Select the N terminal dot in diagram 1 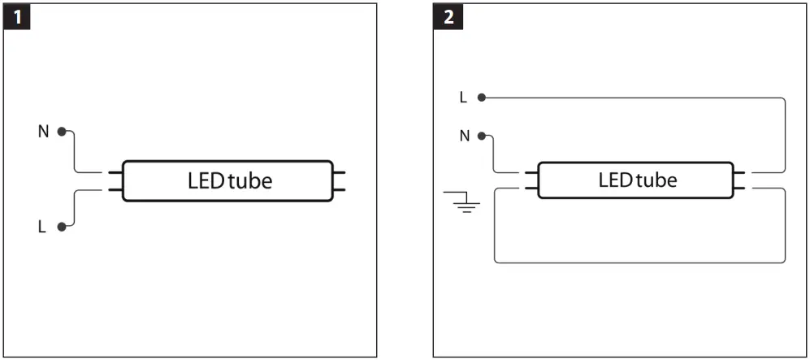point(61,131)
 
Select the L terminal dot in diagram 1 point(61,228)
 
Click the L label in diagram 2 point(463,98)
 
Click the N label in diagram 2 point(465,136)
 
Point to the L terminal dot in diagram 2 point(482,98)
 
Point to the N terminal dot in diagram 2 point(483,136)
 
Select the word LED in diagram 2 point(615,180)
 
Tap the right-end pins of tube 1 point(340,181)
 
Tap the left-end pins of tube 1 point(115,181)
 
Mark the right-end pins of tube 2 point(743,180)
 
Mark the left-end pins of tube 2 point(531,180)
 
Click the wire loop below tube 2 point(640,262)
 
